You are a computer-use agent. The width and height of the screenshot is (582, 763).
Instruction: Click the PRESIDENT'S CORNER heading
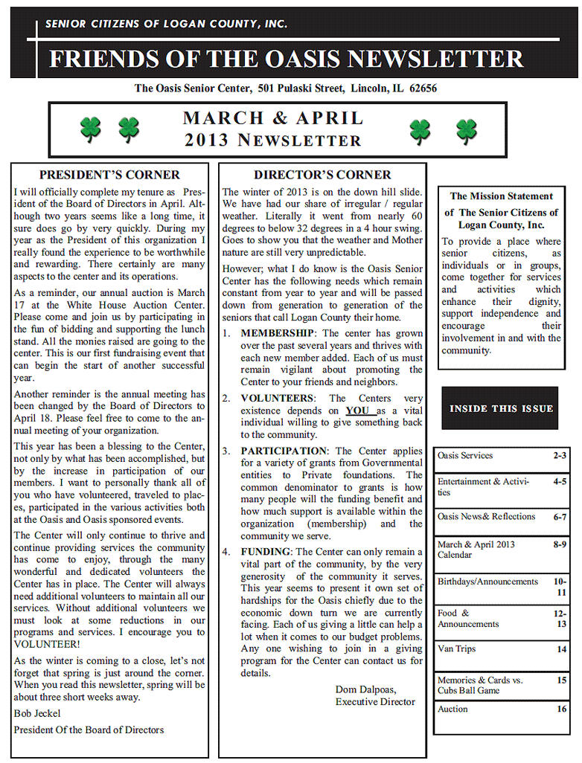tap(109, 176)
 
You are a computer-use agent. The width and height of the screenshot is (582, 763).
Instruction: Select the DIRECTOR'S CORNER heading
tap(322, 176)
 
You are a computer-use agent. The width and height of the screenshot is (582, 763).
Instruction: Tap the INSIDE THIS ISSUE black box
tap(501, 408)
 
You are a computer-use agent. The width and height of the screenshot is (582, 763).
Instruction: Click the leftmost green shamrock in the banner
tap(90, 129)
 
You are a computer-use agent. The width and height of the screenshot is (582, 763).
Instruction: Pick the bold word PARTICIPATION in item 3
tap(284, 451)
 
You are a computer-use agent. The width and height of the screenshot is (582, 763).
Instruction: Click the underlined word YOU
tap(357, 411)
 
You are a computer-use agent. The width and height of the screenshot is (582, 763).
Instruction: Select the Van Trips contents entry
tap(456, 649)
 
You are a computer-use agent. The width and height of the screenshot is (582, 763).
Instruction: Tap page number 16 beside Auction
tap(561, 709)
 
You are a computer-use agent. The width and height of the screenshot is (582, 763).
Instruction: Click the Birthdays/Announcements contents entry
tap(487, 582)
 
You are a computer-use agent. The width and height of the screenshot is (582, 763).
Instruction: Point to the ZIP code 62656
tap(423, 88)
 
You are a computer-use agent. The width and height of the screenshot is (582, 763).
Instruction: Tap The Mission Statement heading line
tap(501, 196)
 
